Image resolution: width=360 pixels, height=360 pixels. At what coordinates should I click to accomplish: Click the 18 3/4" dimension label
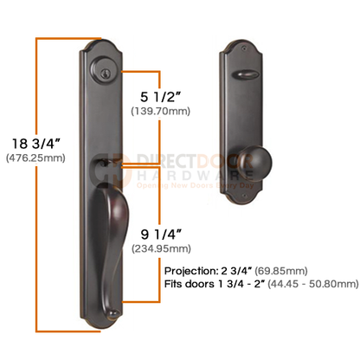coord(36,144)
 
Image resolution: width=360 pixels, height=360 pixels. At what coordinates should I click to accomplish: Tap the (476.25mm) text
coord(35,158)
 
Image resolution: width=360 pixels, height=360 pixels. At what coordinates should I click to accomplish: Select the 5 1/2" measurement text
coord(161,97)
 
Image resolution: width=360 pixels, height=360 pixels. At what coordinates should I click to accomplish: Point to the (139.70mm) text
coord(161,111)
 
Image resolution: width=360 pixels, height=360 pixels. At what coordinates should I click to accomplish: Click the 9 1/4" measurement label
coord(161,235)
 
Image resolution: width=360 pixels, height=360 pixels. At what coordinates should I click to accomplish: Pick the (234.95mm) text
coord(161,248)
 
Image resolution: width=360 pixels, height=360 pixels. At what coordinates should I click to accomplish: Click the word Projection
coord(190,271)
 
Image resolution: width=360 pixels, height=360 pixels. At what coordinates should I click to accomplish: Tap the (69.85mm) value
coord(281,271)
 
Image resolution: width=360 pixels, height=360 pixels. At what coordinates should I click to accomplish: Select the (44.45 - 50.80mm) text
coord(313,284)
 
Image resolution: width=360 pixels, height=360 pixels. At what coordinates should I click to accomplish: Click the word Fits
coord(173,284)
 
